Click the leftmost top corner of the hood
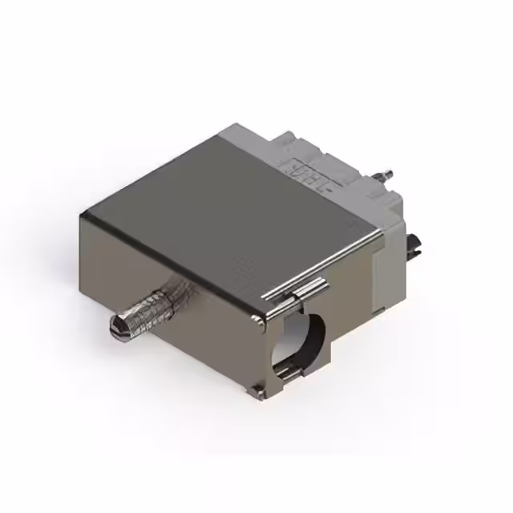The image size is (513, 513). click(x=86, y=210)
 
